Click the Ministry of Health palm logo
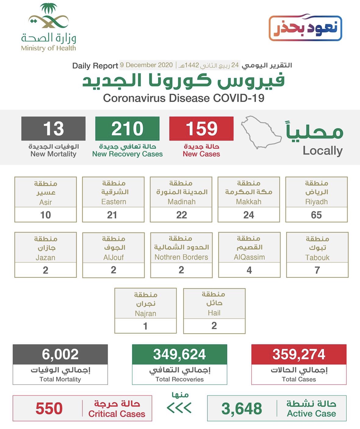click(49, 17)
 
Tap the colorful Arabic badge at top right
click(305, 28)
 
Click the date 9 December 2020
click(146, 65)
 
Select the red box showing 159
click(201, 128)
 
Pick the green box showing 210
click(127, 128)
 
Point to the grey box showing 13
click(53, 128)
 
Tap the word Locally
click(322, 151)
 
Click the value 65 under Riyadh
click(316, 215)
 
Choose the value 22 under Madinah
click(181, 215)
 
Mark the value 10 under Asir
click(45, 215)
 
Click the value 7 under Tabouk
click(317, 270)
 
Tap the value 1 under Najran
click(146, 326)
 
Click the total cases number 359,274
click(299, 354)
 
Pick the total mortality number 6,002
click(60, 354)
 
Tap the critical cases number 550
click(49, 409)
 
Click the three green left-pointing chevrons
click(179, 408)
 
